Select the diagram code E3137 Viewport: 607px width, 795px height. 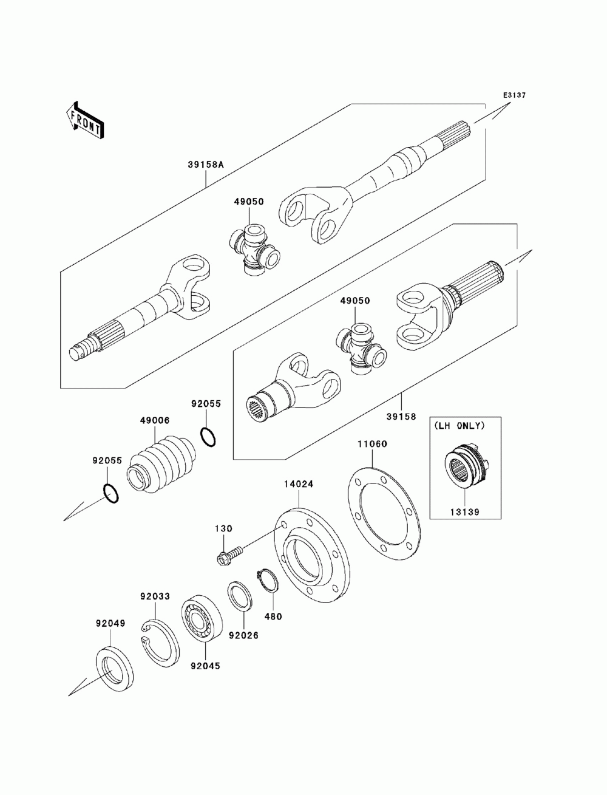[x=513, y=95]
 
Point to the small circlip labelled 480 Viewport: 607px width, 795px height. [x=266, y=581]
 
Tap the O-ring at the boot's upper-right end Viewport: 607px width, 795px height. [x=207, y=437]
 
